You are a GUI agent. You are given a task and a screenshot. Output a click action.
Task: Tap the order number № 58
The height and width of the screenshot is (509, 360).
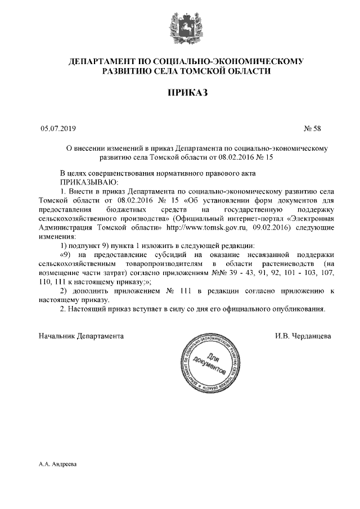coord(312,129)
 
